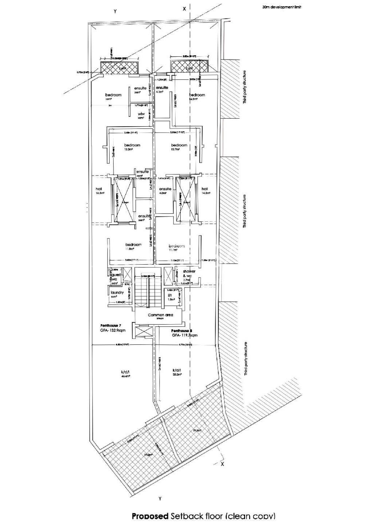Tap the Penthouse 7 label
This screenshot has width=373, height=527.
pos(111,325)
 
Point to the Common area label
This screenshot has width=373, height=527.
pos(160,315)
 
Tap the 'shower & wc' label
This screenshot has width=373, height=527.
pos(189,274)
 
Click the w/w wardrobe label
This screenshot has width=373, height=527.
pos(141,114)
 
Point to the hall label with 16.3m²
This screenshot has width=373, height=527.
pos(98,189)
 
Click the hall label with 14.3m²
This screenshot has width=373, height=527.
pos(204,189)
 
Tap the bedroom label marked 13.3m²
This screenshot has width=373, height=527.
pos(132,145)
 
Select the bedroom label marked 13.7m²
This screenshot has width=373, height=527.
pos(179,145)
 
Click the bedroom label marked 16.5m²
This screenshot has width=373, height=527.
pos(197,95)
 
